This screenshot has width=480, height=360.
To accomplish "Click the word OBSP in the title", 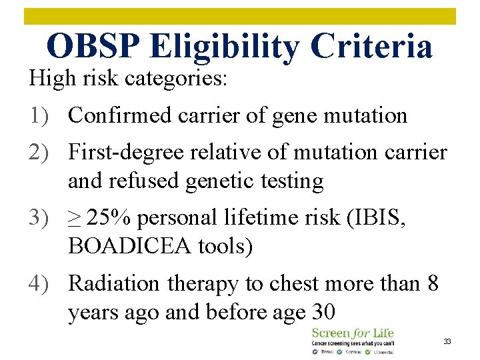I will [94, 46].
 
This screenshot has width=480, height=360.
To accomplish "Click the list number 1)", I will [41, 115].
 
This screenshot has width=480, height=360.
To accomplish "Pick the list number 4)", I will [41, 283].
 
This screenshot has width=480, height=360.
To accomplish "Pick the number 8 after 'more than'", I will [433, 283].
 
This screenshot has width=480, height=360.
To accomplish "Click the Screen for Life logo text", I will [352, 332].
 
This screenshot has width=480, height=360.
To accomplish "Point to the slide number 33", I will [448, 341].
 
